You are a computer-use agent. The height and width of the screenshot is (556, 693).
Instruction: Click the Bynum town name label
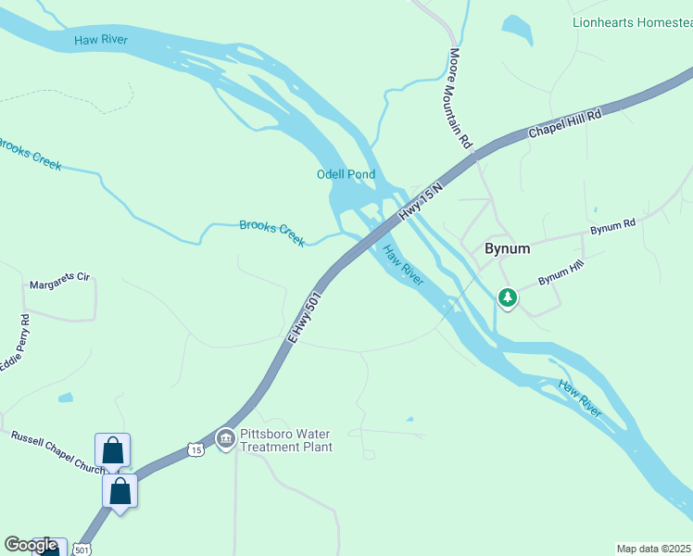508,249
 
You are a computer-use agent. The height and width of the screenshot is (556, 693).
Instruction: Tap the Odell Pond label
346,174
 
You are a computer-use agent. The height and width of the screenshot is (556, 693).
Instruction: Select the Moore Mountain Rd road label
461,99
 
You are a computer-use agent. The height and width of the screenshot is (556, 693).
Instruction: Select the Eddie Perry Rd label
15,344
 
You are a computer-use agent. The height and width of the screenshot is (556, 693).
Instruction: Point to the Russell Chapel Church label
56,451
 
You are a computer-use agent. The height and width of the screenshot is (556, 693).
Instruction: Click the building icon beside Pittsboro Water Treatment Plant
225,438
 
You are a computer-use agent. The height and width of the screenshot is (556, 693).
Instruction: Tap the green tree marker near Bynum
507,298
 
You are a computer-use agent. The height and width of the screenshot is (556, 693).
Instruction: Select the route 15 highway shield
194,449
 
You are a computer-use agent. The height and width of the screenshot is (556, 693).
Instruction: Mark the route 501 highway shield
82,550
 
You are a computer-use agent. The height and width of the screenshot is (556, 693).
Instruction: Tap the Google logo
31,546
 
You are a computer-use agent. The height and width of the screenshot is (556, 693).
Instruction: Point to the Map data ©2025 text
654,549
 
